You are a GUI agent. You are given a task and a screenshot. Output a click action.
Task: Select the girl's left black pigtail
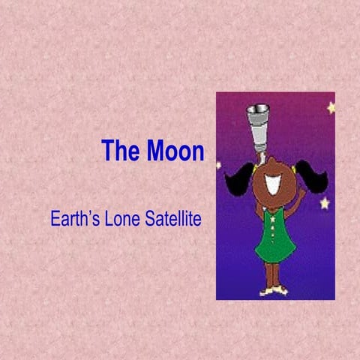[x=241, y=181]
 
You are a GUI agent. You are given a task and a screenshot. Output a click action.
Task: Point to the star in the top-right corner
[x=331, y=107]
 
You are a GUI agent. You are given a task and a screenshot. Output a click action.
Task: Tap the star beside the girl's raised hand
[x=325, y=202]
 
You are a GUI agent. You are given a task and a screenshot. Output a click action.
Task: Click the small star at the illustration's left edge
[x=219, y=165]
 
